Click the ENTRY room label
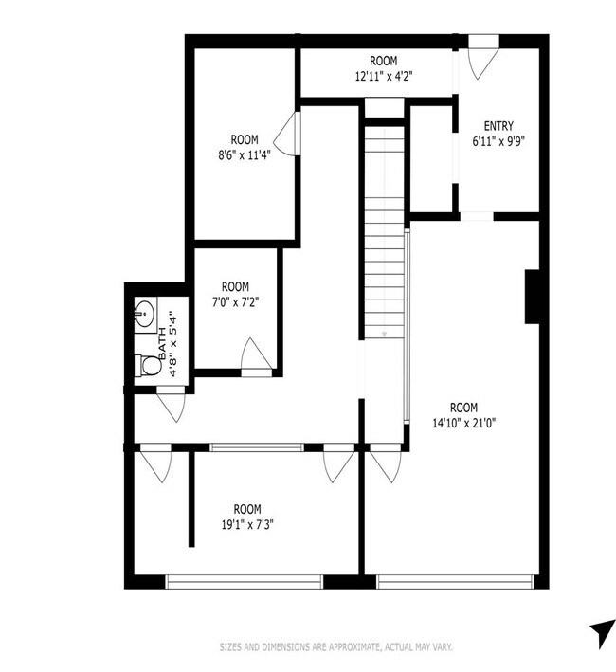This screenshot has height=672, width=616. (498, 126)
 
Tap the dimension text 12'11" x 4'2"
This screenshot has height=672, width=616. (384, 76)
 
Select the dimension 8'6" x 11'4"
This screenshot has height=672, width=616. (245, 154)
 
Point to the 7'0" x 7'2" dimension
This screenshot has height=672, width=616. (236, 302)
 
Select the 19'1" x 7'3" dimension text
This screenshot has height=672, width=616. (247, 524)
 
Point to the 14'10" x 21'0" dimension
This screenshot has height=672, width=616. (464, 424)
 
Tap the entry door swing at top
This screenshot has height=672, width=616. (484, 63)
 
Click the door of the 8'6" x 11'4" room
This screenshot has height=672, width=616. (286, 134)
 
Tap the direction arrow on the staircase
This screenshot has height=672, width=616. (384, 334)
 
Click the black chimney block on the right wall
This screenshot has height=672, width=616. (532, 297)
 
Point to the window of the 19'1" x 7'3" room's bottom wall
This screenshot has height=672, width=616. (244, 582)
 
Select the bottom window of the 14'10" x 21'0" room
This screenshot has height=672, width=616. (455, 582)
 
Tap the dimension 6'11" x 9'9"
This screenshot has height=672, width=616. (498, 141)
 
